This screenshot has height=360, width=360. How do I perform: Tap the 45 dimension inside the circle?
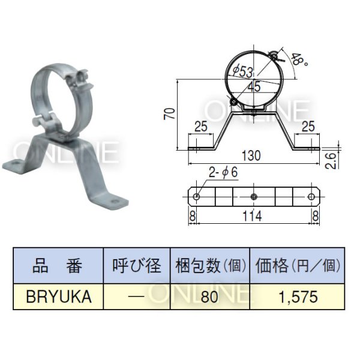tap(253, 86)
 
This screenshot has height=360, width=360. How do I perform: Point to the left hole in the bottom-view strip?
tap(197, 196)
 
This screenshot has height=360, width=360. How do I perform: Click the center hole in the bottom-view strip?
tap(254, 196)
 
